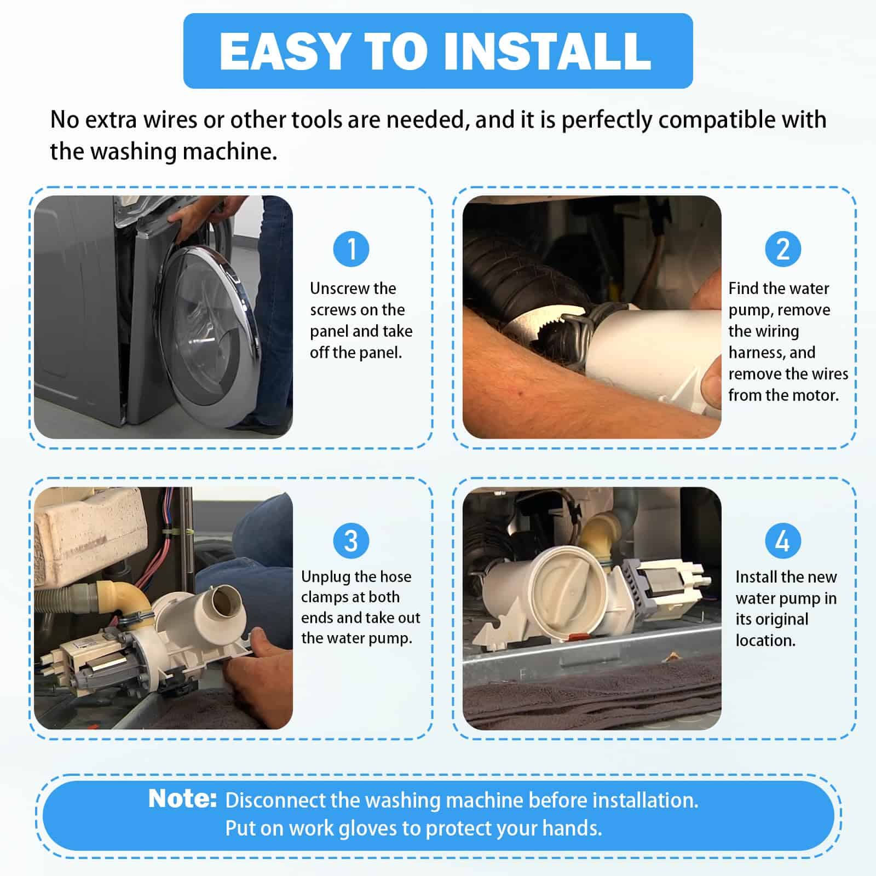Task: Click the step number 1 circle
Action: click(x=351, y=249)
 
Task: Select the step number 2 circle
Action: click(x=783, y=249)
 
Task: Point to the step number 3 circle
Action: click(x=351, y=540)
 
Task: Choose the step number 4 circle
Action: click(x=783, y=540)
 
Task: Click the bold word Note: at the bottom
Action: click(x=183, y=799)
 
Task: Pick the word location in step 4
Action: click(x=765, y=641)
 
